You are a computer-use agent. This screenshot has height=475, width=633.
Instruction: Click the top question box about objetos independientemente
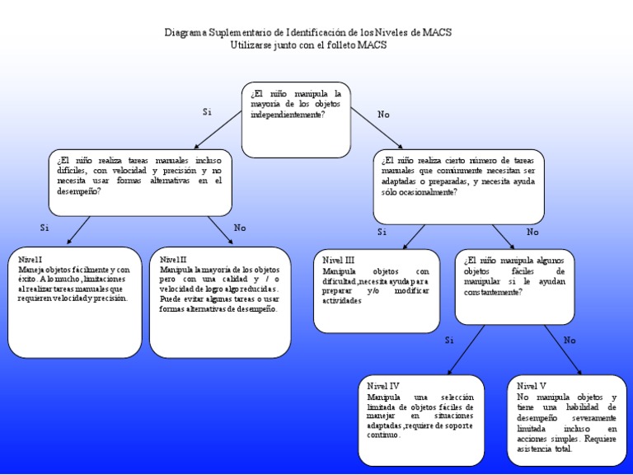tap(296, 119)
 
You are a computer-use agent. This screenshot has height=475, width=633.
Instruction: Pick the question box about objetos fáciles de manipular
tap(514, 286)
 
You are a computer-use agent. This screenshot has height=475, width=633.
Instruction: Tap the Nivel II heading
tap(173, 260)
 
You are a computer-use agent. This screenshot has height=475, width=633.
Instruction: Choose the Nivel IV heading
tap(383, 386)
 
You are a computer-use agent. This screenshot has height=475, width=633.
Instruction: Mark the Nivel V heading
tap(532, 386)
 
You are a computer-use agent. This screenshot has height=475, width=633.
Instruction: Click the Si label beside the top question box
tap(207, 112)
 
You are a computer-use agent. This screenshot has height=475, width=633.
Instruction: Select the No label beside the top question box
tap(383, 115)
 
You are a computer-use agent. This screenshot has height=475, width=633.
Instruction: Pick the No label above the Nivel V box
tap(570, 340)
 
